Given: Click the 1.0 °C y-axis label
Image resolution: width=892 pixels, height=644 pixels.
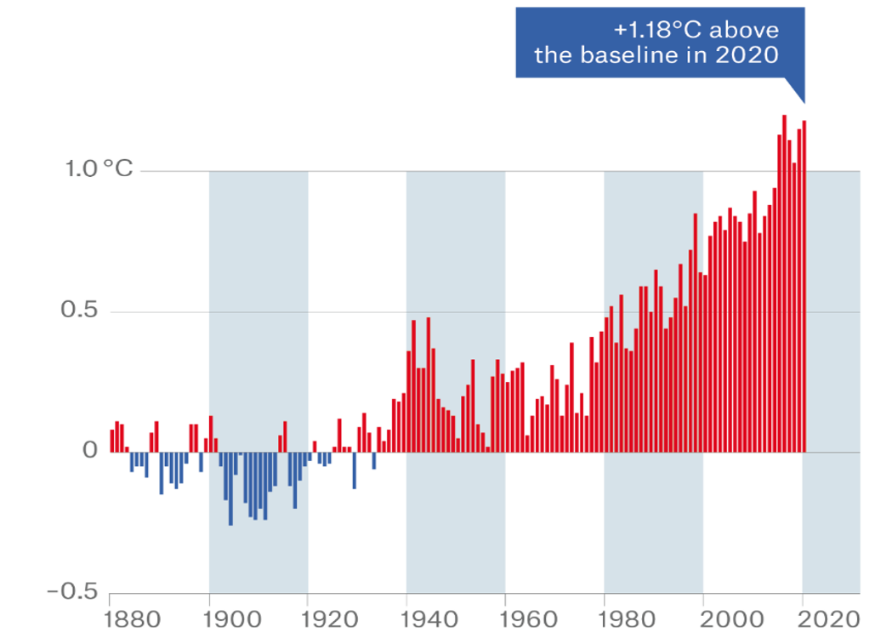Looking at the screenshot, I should [x=99, y=169].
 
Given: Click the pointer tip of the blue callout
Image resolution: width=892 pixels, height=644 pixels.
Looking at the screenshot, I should [x=803, y=102].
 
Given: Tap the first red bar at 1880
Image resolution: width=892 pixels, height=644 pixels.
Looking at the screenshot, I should [x=111, y=441].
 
